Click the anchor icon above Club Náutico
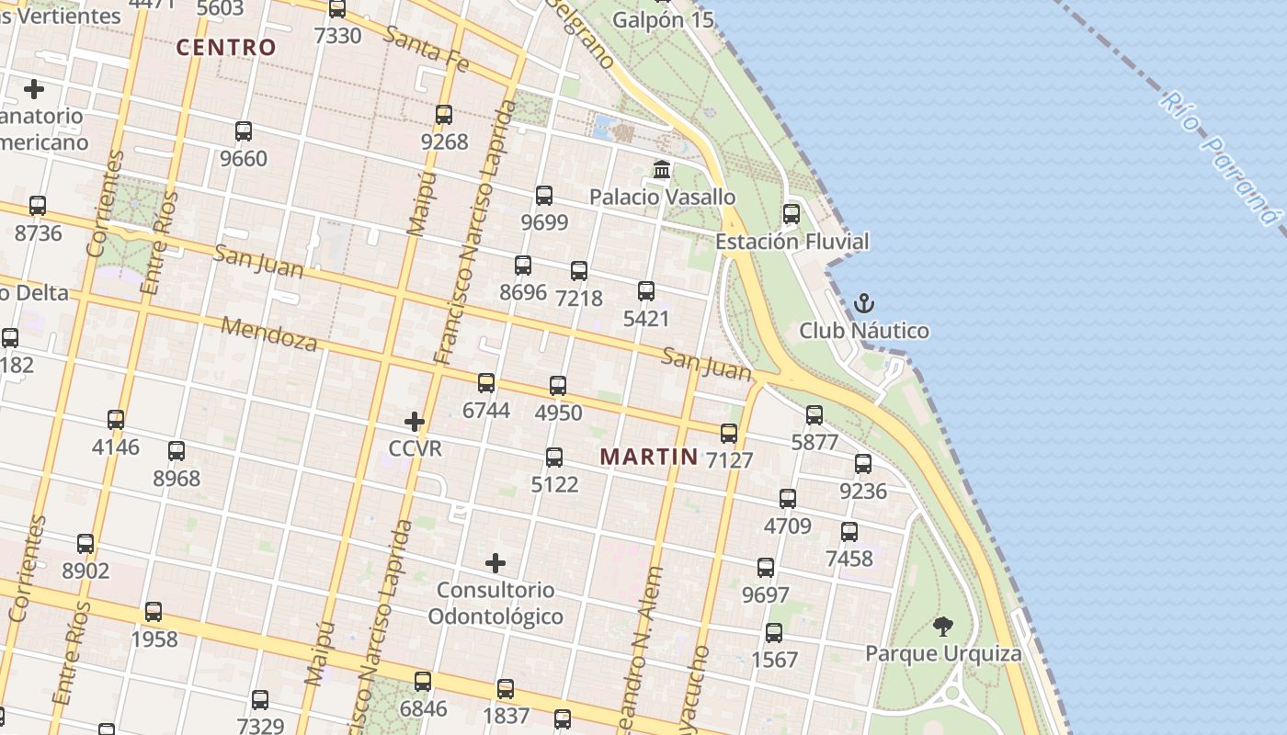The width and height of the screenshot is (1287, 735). click(x=864, y=303)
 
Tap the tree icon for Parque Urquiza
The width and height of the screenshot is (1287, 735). click(x=942, y=627)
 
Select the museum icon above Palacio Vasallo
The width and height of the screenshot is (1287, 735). click(x=661, y=169)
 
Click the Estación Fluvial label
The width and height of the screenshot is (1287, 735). click(x=792, y=242)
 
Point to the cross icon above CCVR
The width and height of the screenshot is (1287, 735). click(x=415, y=422)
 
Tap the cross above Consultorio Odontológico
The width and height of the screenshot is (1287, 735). click(x=495, y=562)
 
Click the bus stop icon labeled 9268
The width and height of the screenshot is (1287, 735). click(x=444, y=115)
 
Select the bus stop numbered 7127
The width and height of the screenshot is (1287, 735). click(x=729, y=433)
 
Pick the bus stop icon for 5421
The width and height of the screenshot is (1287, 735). click(x=646, y=291)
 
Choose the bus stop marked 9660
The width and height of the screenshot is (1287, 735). click(x=244, y=131)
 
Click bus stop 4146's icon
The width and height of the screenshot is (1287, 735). click(x=116, y=420)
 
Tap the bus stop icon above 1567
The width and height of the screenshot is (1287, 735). click(x=774, y=632)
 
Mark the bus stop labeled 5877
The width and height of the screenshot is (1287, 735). click(x=814, y=415)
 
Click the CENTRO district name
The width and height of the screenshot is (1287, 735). click(x=226, y=48)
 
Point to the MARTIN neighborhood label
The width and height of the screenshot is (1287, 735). click(x=649, y=456)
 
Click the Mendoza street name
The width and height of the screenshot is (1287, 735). click(x=269, y=334)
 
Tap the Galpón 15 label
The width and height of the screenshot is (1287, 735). click(x=663, y=19)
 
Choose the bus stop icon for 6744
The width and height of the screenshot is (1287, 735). click(x=486, y=383)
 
